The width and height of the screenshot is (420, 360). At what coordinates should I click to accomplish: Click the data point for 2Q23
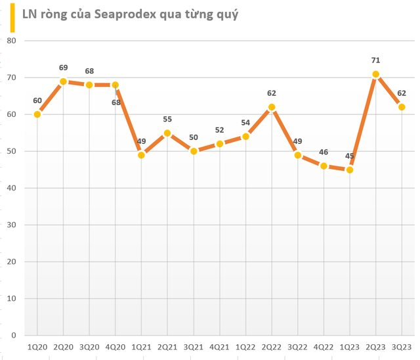[x=375, y=74]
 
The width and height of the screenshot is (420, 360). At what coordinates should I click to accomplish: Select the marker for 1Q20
[x=37, y=114]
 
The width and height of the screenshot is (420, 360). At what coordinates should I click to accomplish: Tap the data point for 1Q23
[x=350, y=169]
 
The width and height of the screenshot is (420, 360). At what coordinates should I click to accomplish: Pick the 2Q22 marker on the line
[x=272, y=107]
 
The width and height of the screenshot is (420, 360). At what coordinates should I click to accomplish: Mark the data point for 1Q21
[x=141, y=155]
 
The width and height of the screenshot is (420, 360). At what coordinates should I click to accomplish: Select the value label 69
[x=64, y=68]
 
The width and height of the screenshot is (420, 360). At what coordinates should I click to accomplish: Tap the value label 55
[x=167, y=120]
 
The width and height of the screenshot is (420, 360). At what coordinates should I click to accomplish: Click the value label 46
[x=324, y=152]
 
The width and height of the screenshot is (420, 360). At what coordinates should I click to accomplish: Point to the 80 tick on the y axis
[x=11, y=41]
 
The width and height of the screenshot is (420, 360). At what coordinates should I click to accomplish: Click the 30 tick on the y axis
[x=11, y=225]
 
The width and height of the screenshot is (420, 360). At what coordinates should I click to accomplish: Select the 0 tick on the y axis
[x=13, y=335]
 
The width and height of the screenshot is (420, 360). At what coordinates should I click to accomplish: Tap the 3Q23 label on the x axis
[x=402, y=346]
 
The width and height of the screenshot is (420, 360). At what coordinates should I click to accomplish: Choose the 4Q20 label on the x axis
[x=115, y=346]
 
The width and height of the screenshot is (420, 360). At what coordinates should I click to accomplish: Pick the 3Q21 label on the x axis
[x=194, y=346]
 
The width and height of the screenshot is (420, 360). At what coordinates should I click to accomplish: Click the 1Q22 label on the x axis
[x=245, y=346]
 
